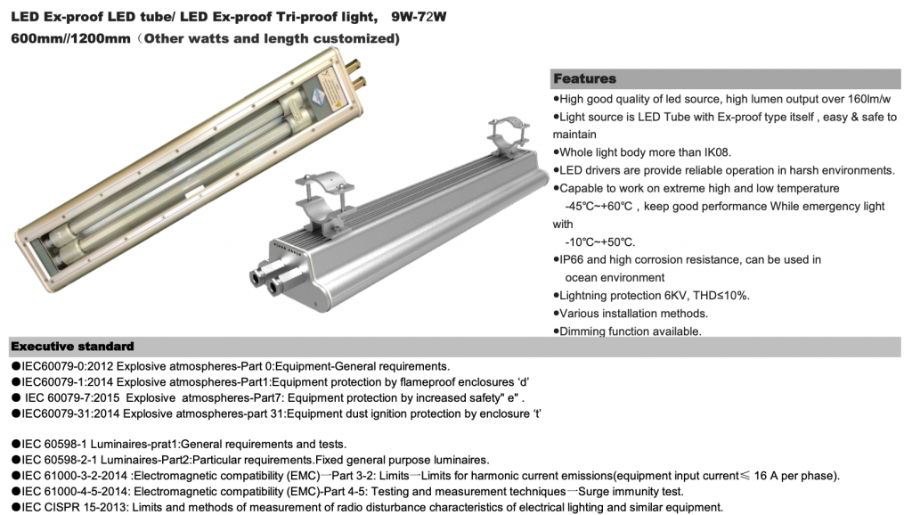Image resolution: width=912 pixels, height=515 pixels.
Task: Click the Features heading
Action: pos(584,78)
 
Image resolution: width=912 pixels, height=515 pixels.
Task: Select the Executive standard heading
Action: pos(73,347)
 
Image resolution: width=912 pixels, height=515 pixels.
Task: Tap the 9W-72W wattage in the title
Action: pos(419,17)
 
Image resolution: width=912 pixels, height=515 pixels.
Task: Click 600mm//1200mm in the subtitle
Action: pos(70,39)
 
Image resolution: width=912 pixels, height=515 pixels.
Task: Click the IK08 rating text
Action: pos(717,152)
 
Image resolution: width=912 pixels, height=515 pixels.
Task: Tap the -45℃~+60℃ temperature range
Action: pos(598,206)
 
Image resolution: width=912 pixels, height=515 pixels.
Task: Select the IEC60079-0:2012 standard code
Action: pos(68,366)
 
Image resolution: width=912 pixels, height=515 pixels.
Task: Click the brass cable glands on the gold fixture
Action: pos(355,71)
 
